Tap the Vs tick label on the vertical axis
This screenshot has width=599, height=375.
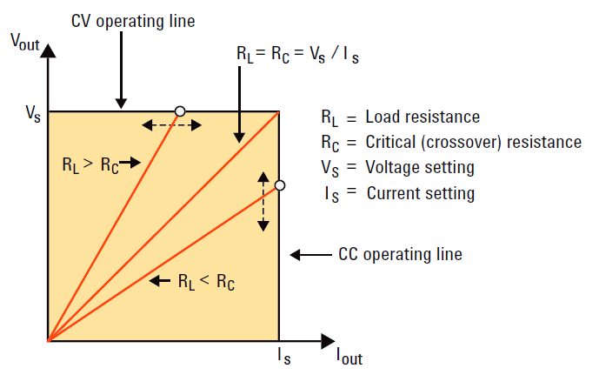(32, 112)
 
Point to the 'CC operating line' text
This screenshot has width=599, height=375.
(400, 255)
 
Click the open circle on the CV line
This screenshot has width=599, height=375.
(180, 110)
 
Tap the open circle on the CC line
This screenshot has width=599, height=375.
(279, 185)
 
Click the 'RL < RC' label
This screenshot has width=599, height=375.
(206, 281)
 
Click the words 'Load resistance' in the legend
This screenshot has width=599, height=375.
(423, 117)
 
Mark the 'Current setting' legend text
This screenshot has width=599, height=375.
(421, 192)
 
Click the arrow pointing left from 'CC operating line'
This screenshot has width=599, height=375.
(308, 255)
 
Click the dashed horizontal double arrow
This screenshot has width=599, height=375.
(172, 125)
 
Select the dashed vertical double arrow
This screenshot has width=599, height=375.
(263, 201)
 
